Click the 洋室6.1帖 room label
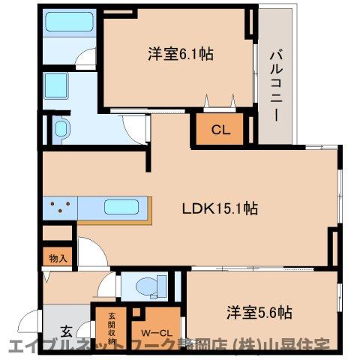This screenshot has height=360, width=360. coord(173,54)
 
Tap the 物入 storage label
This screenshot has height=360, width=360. coord(58,258)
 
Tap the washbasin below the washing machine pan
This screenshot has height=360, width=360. coord(60,127)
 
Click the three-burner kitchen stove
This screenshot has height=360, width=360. coord(61,205)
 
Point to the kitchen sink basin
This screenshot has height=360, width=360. coord(119,207)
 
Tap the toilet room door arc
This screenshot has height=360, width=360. coord(108,286)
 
